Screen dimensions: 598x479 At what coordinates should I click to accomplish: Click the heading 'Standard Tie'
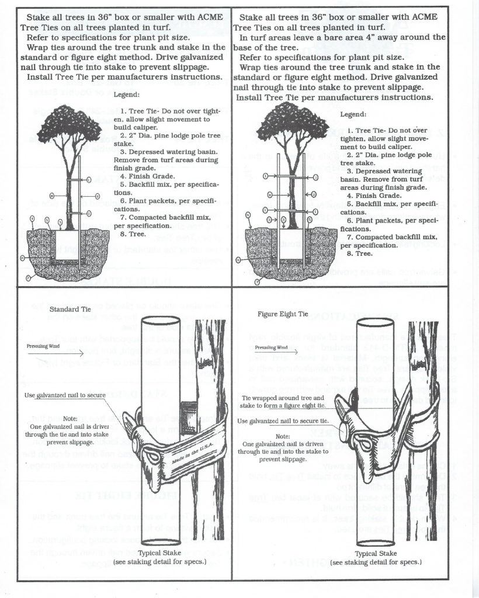tap(70, 308)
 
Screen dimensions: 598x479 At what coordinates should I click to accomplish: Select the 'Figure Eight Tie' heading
tap(283, 314)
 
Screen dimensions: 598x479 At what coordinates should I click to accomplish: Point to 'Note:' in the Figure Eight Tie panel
tap(283, 436)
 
